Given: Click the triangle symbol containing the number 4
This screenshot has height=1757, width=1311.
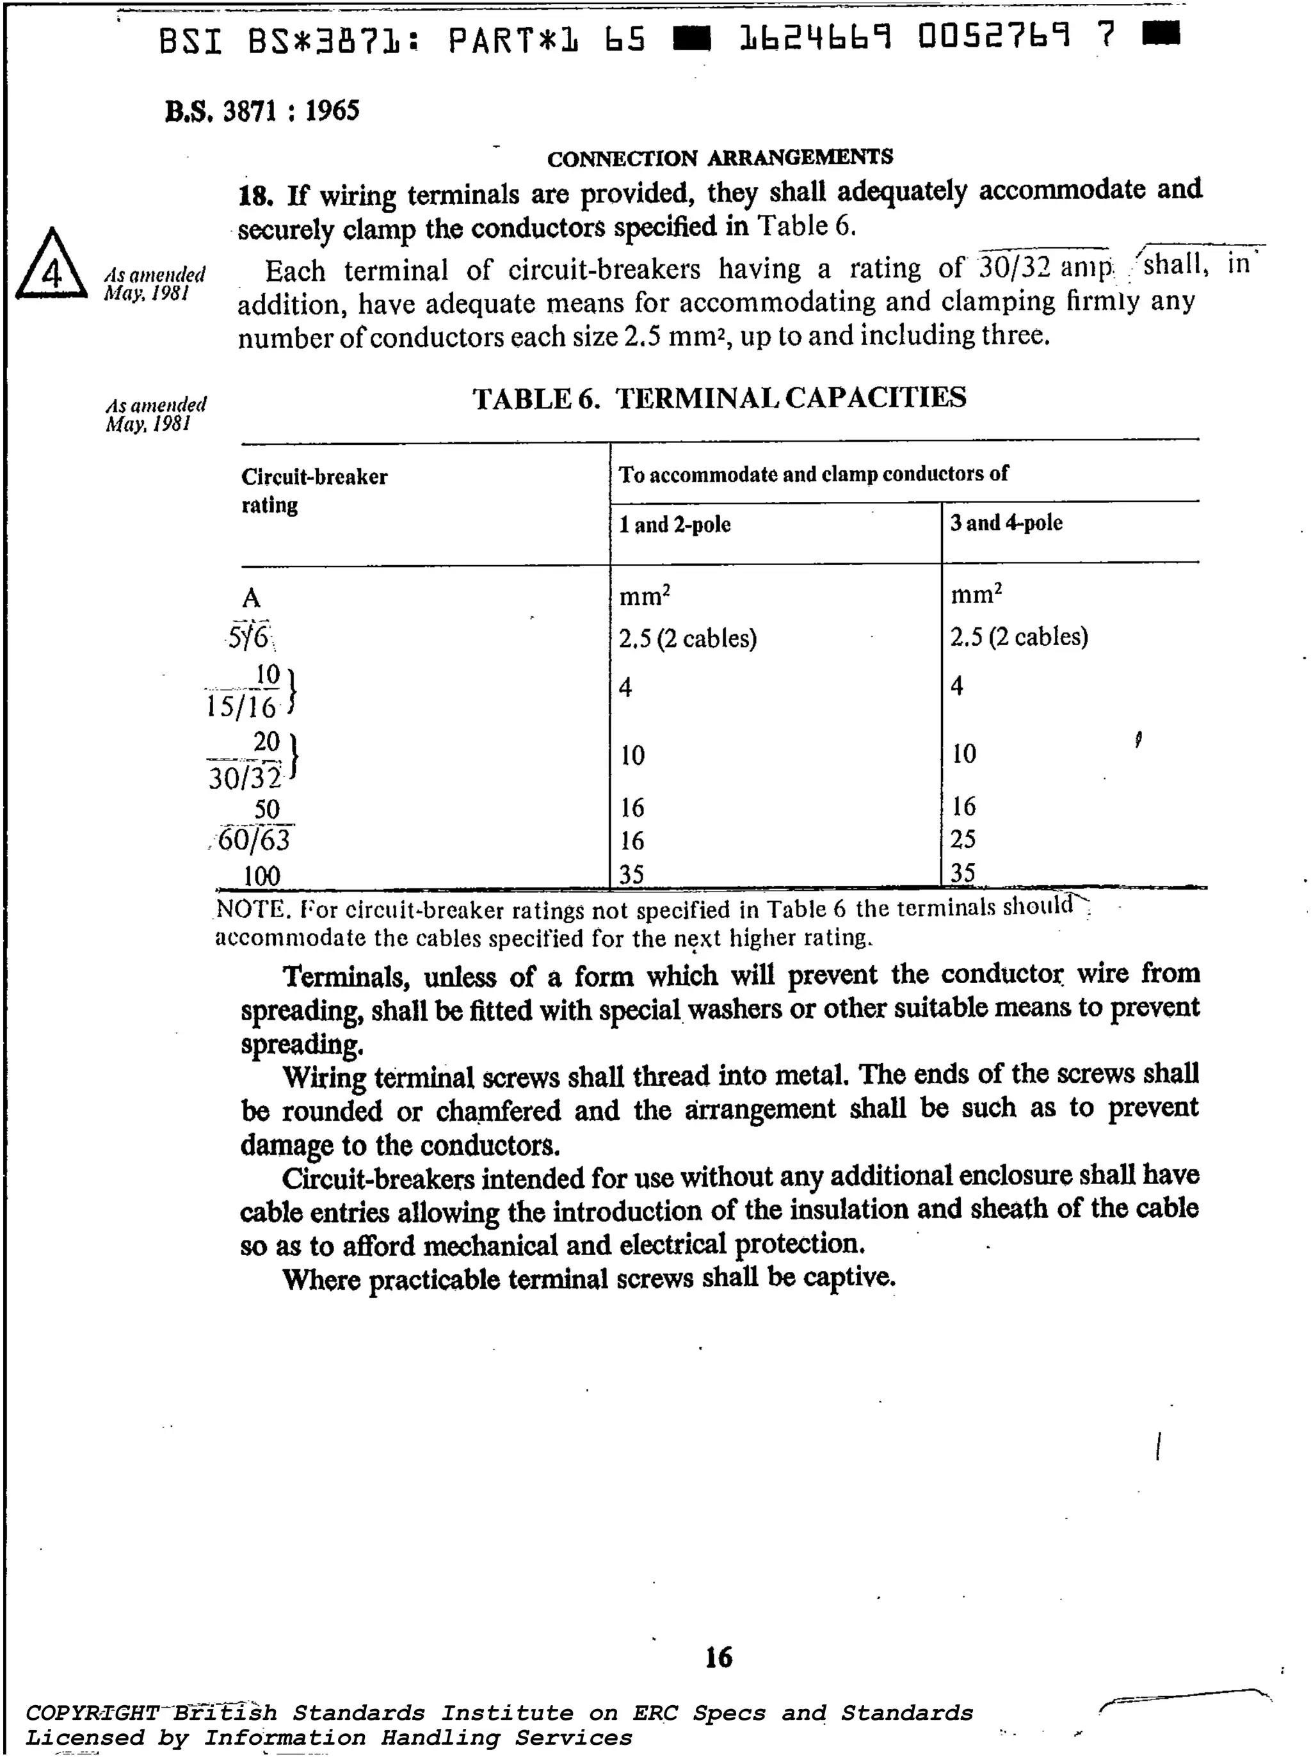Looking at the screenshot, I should click(x=52, y=268).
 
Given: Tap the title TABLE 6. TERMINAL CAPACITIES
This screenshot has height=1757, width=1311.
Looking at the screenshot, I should click(x=719, y=397).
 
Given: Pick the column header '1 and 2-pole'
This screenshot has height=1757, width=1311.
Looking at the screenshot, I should click(x=675, y=525).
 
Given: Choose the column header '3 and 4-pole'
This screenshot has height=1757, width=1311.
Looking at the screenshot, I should click(x=1006, y=523).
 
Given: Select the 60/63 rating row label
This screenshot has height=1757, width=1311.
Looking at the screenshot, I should click(x=253, y=840).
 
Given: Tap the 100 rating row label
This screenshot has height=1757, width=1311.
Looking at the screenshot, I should click(x=261, y=876).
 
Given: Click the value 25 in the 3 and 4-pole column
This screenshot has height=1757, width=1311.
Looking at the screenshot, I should click(x=963, y=839).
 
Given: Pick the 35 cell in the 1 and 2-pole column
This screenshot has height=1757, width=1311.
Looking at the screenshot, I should click(x=632, y=874).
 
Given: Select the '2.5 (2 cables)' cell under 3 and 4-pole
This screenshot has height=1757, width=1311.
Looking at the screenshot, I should click(x=1019, y=636).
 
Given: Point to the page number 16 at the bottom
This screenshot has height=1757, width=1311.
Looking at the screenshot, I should click(x=718, y=1657).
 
